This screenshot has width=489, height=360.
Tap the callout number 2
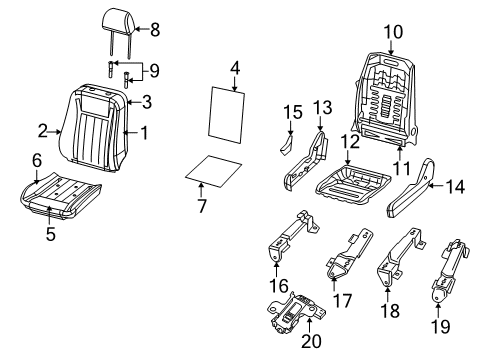[43, 129]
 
